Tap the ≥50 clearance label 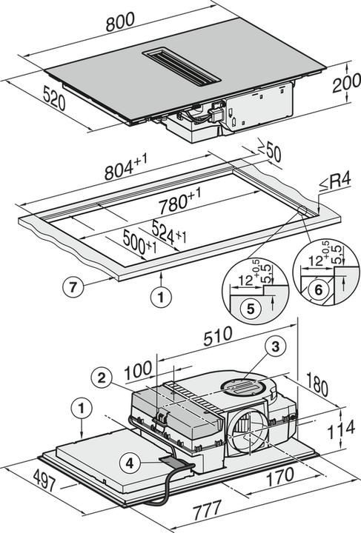point(272,153)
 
